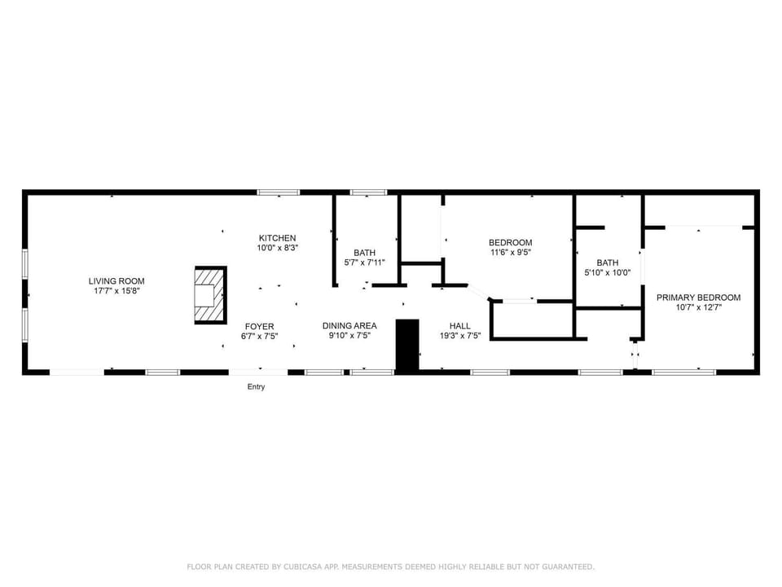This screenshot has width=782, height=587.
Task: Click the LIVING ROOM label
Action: pyautogui.click(x=116, y=281)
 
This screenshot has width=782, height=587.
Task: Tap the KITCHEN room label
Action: pyautogui.click(x=277, y=238)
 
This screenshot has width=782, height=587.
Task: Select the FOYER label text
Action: pyautogui.click(x=259, y=326)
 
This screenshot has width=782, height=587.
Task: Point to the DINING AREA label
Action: pyautogui.click(x=349, y=325)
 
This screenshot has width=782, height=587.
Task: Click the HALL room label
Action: pyautogui.click(x=459, y=326)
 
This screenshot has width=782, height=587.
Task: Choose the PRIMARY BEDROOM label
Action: pyautogui.click(x=698, y=298)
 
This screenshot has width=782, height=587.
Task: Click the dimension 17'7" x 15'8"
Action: pyautogui.click(x=116, y=291)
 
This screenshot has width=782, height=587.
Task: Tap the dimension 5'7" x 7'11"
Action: pyautogui.click(x=365, y=263)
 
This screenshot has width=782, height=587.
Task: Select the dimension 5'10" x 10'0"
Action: pyautogui.click(x=608, y=272)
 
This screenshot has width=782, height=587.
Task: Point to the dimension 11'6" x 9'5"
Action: pyautogui.click(x=511, y=253)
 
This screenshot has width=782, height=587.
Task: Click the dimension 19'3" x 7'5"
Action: pyautogui.click(x=459, y=336)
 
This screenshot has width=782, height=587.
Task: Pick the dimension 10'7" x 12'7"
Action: pyautogui.click(x=699, y=307)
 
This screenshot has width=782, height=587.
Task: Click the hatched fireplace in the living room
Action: pyautogui.click(x=210, y=295)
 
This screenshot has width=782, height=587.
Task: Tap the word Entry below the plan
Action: pyautogui.click(x=257, y=386)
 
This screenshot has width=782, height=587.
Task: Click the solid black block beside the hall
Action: pyautogui.click(x=407, y=346)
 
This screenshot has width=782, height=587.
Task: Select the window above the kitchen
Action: pyautogui.click(x=279, y=192)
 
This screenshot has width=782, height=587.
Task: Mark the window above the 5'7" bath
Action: pyautogui.click(x=368, y=192)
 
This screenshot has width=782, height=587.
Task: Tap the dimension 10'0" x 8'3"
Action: pyautogui.click(x=277, y=248)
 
